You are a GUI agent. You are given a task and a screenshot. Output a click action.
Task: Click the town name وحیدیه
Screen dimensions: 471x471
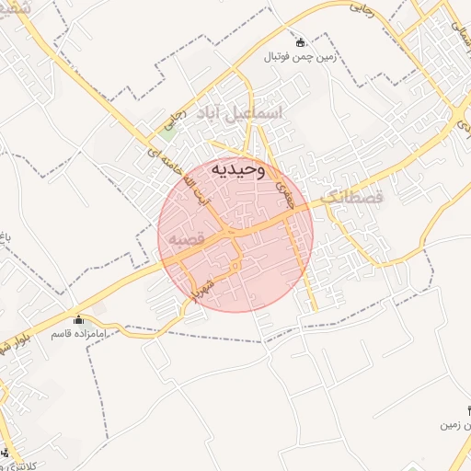pos(237,169)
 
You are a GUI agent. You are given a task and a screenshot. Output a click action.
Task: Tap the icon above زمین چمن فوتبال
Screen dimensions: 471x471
pos(300,41)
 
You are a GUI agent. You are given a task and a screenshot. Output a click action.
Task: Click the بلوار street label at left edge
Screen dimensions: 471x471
pos(8,348)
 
